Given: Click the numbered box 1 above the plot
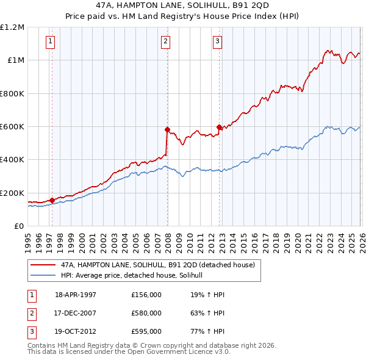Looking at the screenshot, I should [x=50, y=41].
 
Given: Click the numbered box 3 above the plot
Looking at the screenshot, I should [x=218, y=41].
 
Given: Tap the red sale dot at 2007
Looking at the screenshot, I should [x=167, y=129].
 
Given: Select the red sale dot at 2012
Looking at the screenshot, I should [x=219, y=127].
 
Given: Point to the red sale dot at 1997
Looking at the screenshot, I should [x=52, y=200].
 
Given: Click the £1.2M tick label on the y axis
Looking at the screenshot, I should [x=12, y=27].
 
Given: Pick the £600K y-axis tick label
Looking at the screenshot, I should [x=12, y=126].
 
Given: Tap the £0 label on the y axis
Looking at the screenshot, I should [x=18, y=226].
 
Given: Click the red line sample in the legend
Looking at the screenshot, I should [x=43, y=265].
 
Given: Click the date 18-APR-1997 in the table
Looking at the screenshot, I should [x=76, y=295].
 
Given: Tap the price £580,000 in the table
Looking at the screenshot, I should [x=146, y=313].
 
